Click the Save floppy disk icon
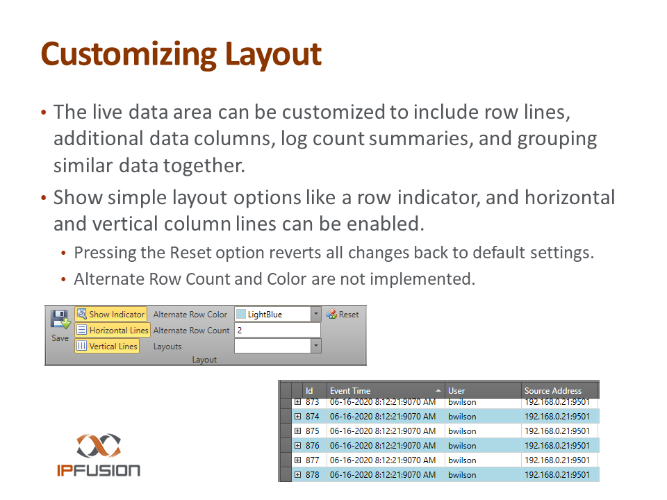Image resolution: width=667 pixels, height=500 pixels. coord(60,319)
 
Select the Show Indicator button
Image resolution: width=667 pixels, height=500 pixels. coord(111,314)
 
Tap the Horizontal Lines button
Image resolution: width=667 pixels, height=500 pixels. coord(113,331)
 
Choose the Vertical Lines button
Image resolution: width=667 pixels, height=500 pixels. coord(107,346)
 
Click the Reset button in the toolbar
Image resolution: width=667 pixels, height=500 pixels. coord(343,314)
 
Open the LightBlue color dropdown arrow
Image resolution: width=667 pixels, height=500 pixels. coord(315,314)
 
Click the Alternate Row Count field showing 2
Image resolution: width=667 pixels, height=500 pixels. coord(277,331)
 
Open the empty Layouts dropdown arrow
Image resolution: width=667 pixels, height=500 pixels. coord(315,346)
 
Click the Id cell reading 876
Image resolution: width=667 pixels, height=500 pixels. coord(312,446)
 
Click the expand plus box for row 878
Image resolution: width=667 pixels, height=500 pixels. coord(298,474)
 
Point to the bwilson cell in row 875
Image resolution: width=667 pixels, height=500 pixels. coord(462,431)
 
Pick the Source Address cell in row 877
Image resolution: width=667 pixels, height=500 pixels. coord(557,460)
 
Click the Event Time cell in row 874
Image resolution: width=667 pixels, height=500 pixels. coord(383,417)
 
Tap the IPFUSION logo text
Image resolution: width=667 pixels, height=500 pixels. coord(99,470)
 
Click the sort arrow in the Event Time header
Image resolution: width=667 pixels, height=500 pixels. coord(438,390)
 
